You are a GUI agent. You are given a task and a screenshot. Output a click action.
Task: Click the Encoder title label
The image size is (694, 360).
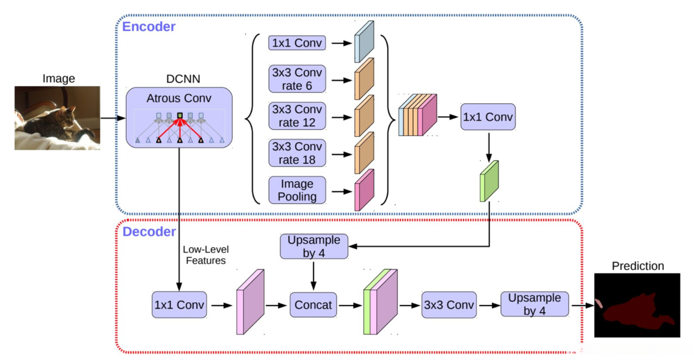(x=149, y=26)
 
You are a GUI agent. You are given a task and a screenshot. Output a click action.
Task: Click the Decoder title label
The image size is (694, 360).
(x=149, y=232)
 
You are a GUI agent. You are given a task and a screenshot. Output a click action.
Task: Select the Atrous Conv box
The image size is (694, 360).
(x=179, y=117)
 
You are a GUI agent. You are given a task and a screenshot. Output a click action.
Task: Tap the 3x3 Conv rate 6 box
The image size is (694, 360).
(x=297, y=79)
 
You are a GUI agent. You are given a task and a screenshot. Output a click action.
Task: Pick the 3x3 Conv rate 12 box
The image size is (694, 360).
(x=297, y=116)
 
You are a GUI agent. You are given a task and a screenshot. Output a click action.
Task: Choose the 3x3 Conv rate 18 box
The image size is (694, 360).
(x=297, y=153)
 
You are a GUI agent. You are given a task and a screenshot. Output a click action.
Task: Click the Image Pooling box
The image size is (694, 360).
(x=297, y=190)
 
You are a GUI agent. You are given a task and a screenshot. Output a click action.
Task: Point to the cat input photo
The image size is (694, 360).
(x=57, y=118)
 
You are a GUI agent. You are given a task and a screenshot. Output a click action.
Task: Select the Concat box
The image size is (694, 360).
(x=313, y=305)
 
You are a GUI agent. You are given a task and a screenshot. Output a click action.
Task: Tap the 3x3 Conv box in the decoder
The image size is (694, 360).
(x=449, y=305)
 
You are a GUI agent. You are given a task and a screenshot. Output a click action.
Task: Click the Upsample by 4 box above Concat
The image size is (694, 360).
(x=314, y=246)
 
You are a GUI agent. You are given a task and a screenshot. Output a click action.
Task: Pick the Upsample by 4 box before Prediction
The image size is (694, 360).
(x=534, y=305)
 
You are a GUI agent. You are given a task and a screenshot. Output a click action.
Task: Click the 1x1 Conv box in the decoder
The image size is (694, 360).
(x=179, y=305)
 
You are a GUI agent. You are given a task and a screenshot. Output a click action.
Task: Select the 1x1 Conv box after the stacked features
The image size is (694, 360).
(x=488, y=117)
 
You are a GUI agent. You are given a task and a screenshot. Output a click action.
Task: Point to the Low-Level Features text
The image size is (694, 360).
(x=206, y=255)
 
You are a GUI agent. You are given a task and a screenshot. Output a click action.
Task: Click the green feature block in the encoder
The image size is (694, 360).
(x=489, y=181)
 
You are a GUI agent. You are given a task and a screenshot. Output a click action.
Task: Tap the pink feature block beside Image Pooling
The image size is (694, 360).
(x=364, y=190)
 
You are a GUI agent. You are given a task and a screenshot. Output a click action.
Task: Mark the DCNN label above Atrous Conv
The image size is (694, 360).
(x=183, y=79)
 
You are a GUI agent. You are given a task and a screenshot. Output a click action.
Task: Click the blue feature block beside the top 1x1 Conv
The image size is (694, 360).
(x=364, y=42)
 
